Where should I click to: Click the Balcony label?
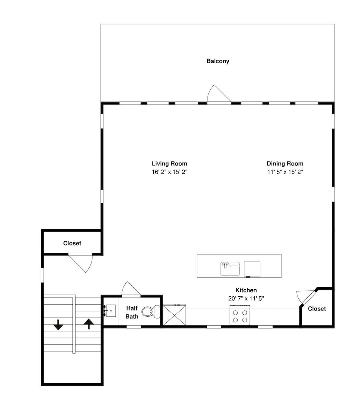tap(218, 61)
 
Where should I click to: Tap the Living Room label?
tap(169, 163)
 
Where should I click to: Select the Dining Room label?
tap(285, 163)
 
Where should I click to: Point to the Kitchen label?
tap(246, 290)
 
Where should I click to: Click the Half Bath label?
tap(132, 312)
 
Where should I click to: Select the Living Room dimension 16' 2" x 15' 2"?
tap(170, 172)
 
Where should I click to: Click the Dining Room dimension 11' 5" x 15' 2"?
tap(285, 172)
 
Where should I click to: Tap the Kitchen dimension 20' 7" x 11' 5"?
tap(246, 299)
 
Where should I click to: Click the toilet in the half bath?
tap(151, 312)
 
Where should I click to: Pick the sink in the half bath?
tap(109, 311)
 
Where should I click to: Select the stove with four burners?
tap(240, 315)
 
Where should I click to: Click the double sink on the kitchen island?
tap(230, 268)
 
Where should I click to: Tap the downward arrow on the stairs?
tap(59, 325)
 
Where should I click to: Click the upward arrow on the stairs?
tap(88, 323)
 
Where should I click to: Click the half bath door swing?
tap(131, 288)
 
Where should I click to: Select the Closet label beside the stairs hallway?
tap(72, 243)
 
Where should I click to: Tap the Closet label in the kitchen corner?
tap(317, 309)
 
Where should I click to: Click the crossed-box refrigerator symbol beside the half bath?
tap(174, 315)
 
